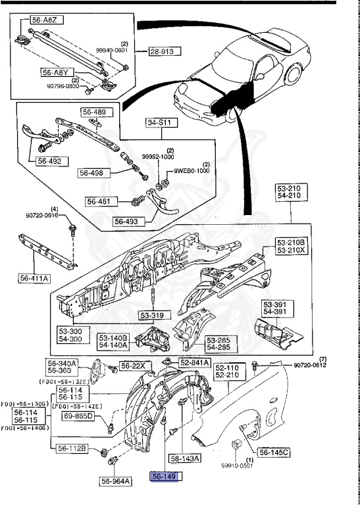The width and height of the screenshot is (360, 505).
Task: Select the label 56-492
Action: point(49,160)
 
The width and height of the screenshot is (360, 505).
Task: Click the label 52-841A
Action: point(194,362)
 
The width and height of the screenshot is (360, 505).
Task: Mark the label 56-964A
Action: point(116,481)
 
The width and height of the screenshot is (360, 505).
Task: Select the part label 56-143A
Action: point(186,458)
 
